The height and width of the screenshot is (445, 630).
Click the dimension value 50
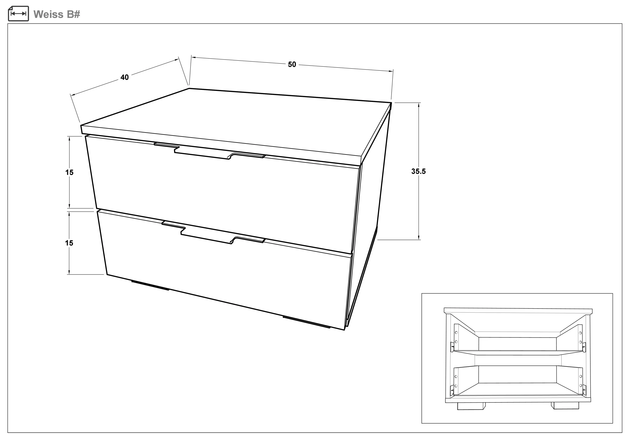pos(292,64)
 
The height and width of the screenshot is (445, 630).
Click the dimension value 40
pos(125,77)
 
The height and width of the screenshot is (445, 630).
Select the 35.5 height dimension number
pos(418,171)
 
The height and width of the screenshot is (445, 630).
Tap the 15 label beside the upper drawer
pos(69,172)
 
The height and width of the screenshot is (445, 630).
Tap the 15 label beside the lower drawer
pos(69,243)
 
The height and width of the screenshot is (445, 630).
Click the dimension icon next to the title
pos(18,14)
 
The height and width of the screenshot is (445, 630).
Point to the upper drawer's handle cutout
pos(210,150)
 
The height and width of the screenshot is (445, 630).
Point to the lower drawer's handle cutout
pos(213,232)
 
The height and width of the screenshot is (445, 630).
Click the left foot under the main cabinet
pos(150,285)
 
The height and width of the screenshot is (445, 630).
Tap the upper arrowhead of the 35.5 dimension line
pos(419,105)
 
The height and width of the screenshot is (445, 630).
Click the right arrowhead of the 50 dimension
pos(391,71)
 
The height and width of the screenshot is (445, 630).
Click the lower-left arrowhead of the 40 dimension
pos(73,95)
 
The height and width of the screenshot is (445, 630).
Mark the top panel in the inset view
pos(518,311)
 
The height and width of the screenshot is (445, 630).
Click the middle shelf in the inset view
pos(518,353)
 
